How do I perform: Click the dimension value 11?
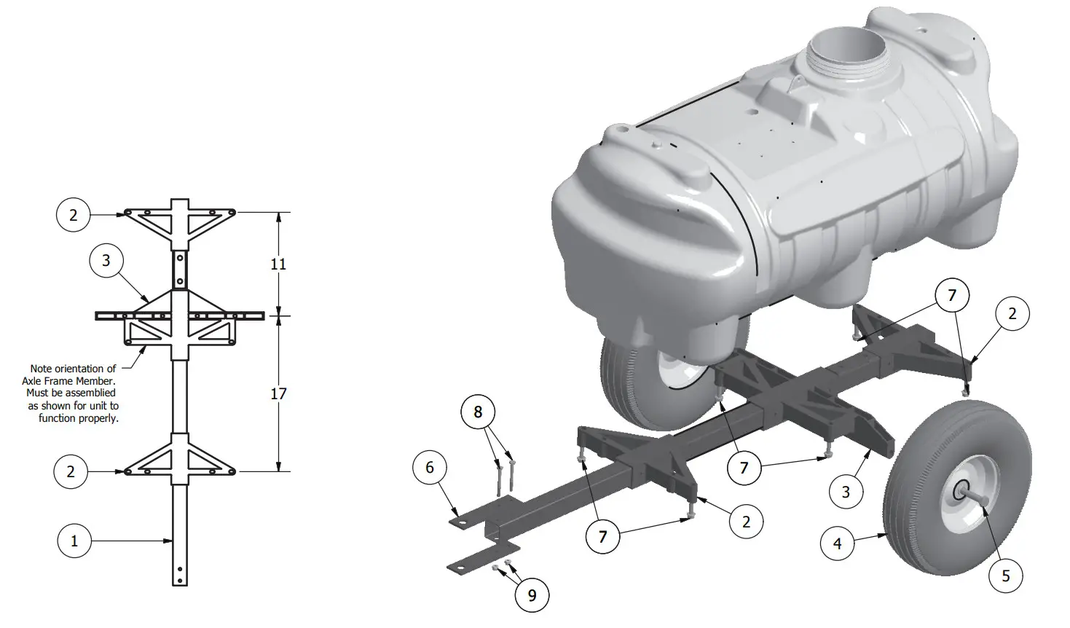[x=278, y=264]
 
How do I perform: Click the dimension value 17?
[x=278, y=394]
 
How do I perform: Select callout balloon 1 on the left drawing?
[x=74, y=541]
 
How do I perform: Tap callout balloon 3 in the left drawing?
[x=106, y=260]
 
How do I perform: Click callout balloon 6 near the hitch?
[x=430, y=467]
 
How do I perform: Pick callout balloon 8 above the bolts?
[x=478, y=412]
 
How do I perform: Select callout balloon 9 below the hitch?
[x=532, y=596]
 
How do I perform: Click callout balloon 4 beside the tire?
[x=838, y=543]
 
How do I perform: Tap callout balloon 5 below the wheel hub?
[x=1006, y=576]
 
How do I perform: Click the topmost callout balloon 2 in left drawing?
[x=74, y=215]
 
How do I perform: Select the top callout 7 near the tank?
[x=952, y=296]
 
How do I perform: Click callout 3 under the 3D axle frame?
[x=846, y=492]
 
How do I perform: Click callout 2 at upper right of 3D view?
[x=1012, y=314]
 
